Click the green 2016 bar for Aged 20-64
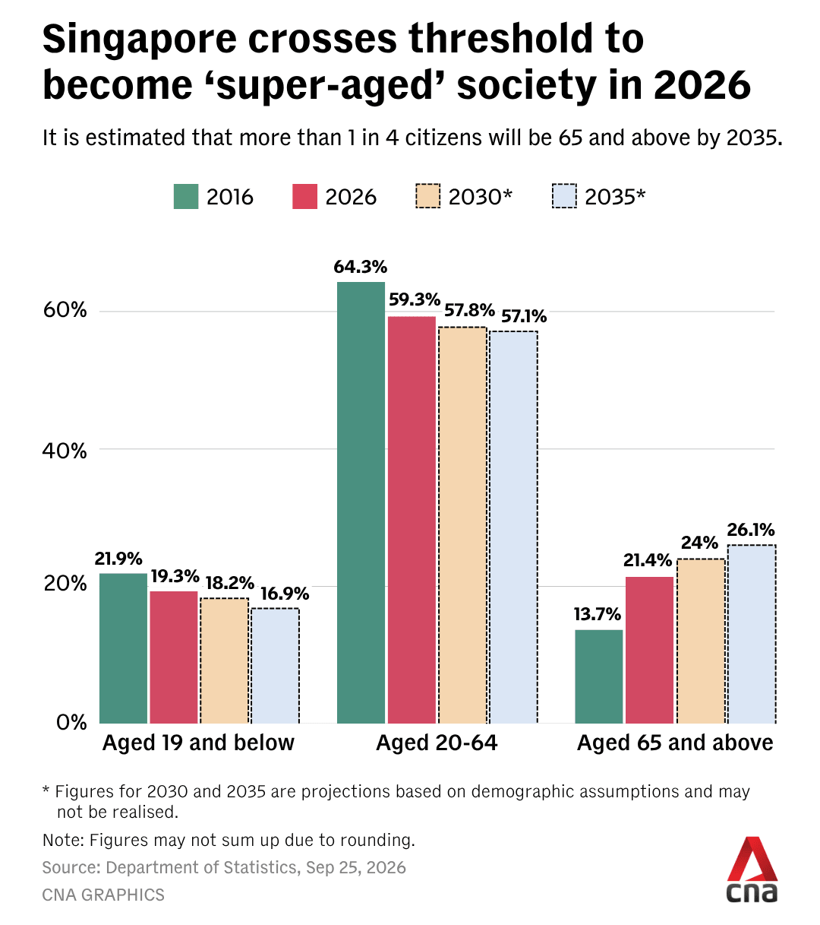[361, 502]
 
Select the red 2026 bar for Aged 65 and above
[649, 650]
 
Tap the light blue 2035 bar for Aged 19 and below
[275, 666]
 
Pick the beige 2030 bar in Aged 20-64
[462, 525]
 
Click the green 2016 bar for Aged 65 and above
[598, 676]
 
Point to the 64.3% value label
[360, 267]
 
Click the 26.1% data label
[751, 530]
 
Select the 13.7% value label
[597, 614]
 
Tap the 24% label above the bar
[699, 543]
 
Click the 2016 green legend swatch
[186, 196]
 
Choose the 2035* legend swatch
[564, 196]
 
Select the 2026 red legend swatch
[304, 196]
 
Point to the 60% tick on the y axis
[65, 310]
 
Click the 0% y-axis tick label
[71, 723]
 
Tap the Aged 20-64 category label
[437, 743]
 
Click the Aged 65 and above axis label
[675, 743]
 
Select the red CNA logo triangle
[752, 859]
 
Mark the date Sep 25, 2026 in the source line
[356, 867]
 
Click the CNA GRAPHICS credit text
[103, 895]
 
